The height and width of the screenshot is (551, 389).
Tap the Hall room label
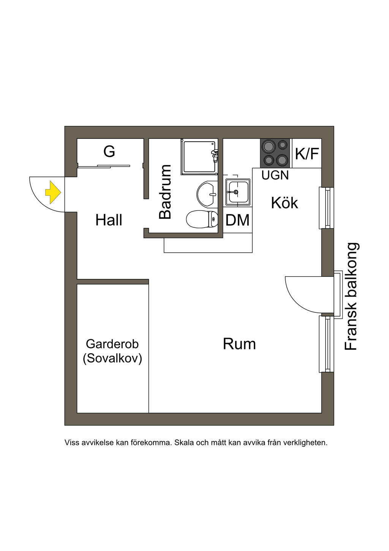(x=109, y=220)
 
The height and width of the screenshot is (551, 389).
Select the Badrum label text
(x=165, y=192)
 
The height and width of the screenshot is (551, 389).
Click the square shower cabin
(x=198, y=156)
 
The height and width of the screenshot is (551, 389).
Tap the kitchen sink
(x=237, y=192)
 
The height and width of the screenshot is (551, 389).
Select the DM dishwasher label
(x=237, y=220)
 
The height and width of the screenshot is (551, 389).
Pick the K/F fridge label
(x=307, y=154)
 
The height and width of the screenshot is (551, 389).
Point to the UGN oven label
(x=275, y=175)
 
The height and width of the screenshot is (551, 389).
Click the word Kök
(x=285, y=203)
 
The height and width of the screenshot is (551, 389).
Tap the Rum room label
(x=239, y=344)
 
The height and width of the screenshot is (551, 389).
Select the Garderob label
(x=112, y=344)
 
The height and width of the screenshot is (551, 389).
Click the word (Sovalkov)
(x=112, y=358)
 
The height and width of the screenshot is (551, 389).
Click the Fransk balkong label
(x=351, y=296)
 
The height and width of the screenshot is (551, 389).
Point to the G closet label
(x=109, y=152)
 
